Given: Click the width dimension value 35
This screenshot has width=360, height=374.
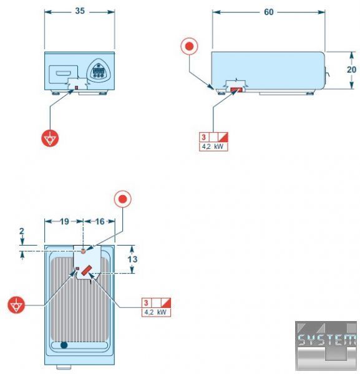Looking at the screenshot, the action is [80, 11].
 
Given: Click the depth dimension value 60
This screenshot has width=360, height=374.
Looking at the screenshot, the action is [268, 12].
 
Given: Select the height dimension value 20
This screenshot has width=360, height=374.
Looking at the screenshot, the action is [351, 69].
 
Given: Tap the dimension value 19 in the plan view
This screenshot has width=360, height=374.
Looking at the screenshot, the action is [64, 221].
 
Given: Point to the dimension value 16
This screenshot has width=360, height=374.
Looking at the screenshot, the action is [100, 221].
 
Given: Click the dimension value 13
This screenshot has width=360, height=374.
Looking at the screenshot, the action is [132, 259].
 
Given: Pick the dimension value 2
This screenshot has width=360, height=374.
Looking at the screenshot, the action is [22, 231].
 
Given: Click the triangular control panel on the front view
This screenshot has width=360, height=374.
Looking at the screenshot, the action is [99, 70].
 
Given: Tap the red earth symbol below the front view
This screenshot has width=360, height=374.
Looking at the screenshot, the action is [50, 138].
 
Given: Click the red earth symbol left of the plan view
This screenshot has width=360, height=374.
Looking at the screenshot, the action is [16, 305].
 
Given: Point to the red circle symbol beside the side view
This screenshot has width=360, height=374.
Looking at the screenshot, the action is [189, 46].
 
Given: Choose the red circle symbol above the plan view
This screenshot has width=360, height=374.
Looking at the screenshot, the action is [123, 199].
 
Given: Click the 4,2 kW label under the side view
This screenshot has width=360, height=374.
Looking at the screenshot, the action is [213, 146].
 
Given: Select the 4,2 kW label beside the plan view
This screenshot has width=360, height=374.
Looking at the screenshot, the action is [155, 312].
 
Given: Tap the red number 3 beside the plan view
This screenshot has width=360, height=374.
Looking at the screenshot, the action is [146, 303].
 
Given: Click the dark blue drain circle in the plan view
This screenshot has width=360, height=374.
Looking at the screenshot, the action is [64, 345].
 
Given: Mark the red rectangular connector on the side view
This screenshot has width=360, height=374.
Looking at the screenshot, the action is [236, 90].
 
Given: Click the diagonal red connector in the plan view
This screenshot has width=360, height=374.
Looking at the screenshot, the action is [87, 270].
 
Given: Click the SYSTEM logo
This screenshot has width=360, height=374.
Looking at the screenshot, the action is [326, 345].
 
